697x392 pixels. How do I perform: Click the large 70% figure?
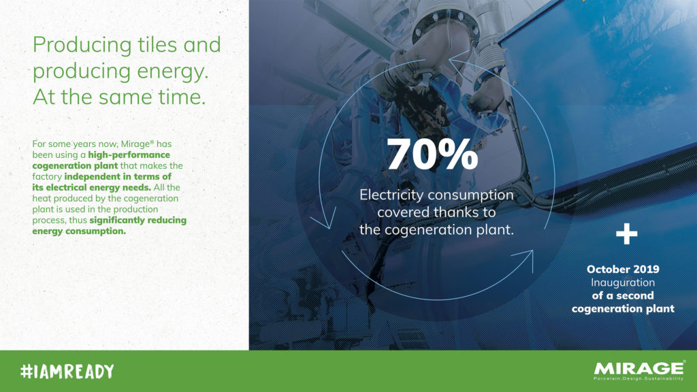432,154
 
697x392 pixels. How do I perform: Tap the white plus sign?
626,234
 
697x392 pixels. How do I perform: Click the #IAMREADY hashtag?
67,371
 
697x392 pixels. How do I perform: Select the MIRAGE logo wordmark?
638,368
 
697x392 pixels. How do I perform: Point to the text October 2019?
623,269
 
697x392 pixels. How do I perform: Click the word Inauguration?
623,282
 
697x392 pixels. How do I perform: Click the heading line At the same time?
119,97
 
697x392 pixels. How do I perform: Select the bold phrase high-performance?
129,154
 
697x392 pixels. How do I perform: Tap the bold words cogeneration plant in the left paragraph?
75,166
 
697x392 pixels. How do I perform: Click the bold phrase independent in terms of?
118,176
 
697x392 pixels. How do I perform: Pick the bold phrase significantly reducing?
137,220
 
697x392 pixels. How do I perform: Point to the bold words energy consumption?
79,231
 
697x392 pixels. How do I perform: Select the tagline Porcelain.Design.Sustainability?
638,378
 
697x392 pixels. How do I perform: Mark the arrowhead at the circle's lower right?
525,259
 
